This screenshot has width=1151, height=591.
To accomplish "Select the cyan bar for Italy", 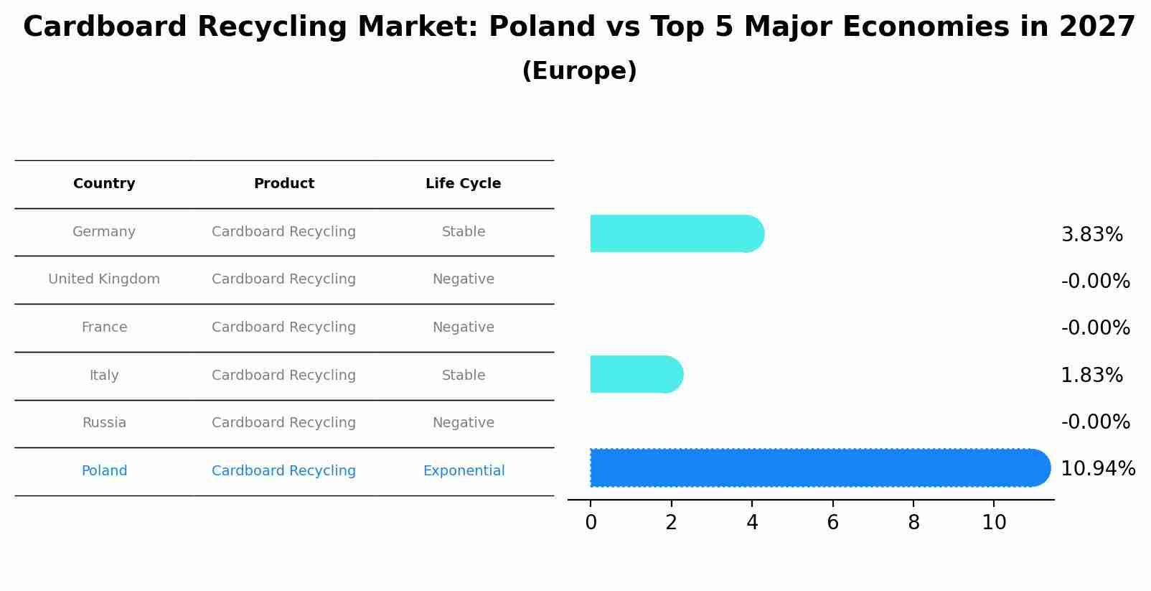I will (636, 374).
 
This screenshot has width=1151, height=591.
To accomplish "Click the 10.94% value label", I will (1097, 469).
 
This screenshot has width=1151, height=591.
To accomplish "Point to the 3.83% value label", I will (1091, 235).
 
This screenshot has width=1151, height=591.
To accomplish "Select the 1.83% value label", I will (1091, 376).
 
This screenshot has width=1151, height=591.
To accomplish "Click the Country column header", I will (104, 184).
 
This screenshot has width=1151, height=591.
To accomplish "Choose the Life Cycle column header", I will (463, 184).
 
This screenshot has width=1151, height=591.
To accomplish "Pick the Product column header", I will (283, 184).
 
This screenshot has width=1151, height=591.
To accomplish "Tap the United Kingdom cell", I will (104, 279).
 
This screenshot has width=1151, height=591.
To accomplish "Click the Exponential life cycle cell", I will (464, 471).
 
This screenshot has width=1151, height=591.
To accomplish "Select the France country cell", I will (104, 327).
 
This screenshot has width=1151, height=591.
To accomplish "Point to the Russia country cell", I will (104, 423).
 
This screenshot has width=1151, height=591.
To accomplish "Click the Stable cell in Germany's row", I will (464, 232).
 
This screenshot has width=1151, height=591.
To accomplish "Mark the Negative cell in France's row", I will (464, 327).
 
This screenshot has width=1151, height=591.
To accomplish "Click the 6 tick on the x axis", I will (832, 523).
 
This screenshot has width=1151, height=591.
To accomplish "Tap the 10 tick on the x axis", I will (994, 523).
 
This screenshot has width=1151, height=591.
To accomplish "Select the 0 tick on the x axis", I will (591, 523).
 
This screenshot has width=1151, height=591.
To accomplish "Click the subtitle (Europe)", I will (579, 71).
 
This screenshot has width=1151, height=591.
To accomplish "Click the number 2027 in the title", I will (1096, 27).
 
